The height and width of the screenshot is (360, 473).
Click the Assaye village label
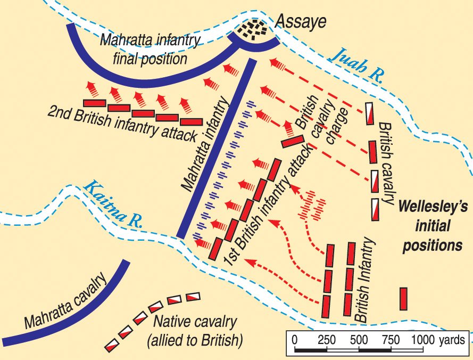pyautogui.click(x=299, y=22)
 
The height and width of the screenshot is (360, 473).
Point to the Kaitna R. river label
pyautogui.click(x=114, y=199)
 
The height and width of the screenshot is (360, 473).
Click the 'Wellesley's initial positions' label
pyautogui.click(x=431, y=225)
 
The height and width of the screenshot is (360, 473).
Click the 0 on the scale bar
pyautogui.click(x=295, y=339)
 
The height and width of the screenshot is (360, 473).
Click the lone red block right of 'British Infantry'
pyautogui.click(x=403, y=298)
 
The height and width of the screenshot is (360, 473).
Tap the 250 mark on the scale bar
pyautogui.click(x=326, y=339)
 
